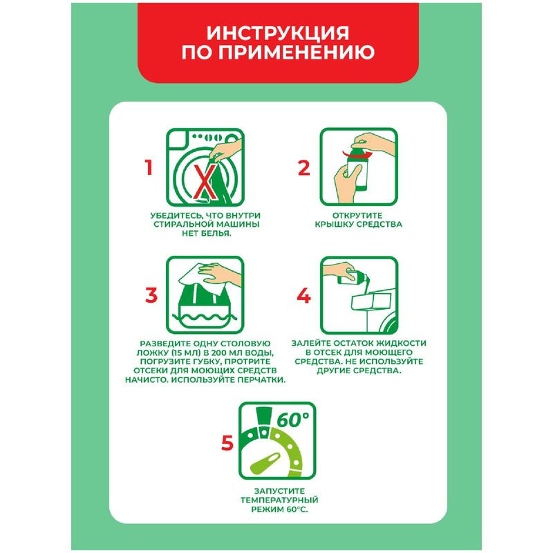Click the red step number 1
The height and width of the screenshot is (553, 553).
pos(148,168)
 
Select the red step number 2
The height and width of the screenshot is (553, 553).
pos(303,168)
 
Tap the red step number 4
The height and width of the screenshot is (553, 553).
pos(303,295)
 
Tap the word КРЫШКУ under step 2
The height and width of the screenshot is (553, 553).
pos(328,225)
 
